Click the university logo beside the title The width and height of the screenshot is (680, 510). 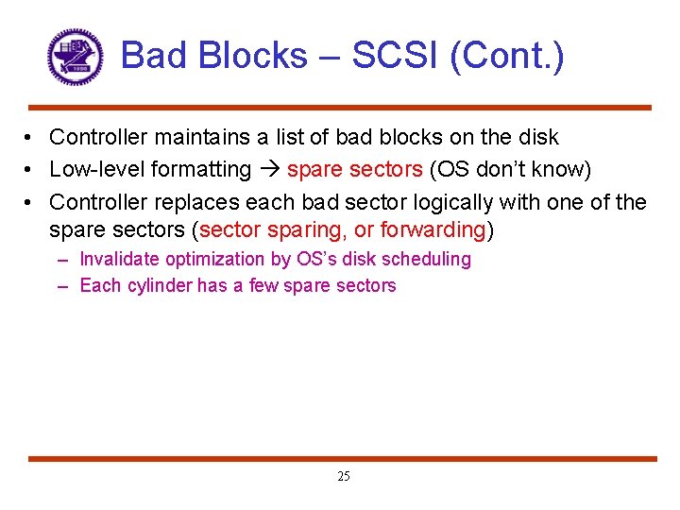pyautogui.click(x=75, y=57)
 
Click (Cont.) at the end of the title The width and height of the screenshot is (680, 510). pyautogui.click(x=507, y=56)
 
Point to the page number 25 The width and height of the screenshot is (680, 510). pyautogui.click(x=343, y=477)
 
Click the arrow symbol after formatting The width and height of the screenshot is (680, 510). pyautogui.click(x=269, y=170)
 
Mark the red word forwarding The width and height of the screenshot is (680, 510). pyautogui.click(x=432, y=229)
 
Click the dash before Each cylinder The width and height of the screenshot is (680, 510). pyautogui.click(x=62, y=285)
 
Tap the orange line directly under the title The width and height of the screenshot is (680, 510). pyautogui.click(x=340, y=108)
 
